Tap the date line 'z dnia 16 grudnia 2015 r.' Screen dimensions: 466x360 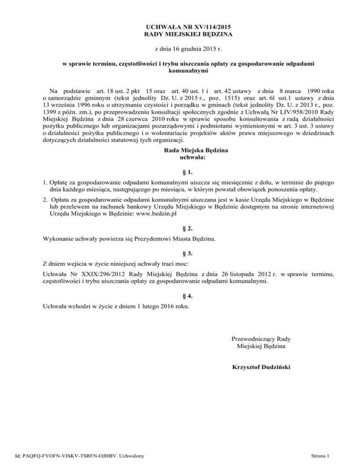tap(180, 49)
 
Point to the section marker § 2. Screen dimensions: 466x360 tap(180, 228)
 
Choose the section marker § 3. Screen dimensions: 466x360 tap(180, 253)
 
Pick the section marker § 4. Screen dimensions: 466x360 tap(180, 296)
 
